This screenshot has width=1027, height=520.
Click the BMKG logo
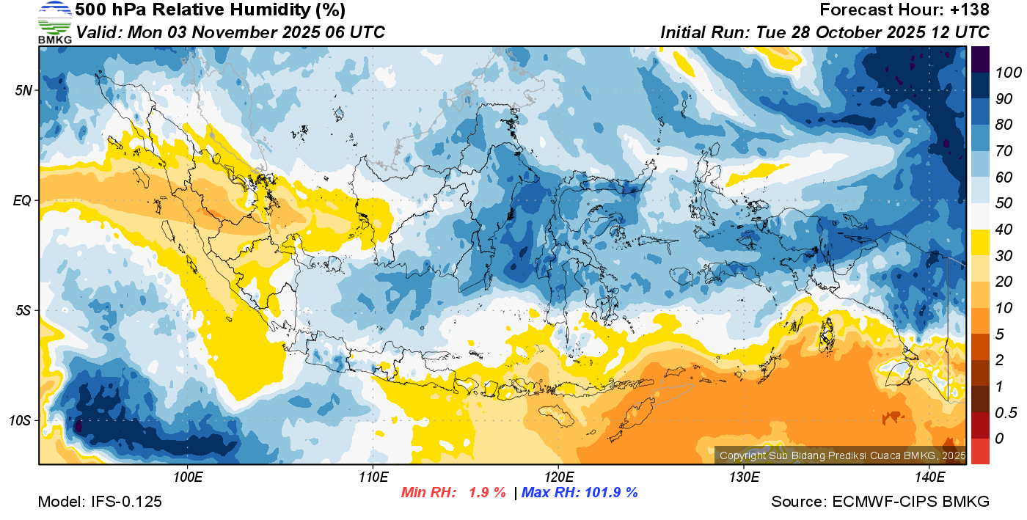pyautogui.click(x=54, y=23)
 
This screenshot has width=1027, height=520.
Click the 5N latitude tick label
pyautogui.click(x=23, y=91)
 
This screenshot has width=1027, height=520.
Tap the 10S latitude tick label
pyautogui.click(x=21, y=421)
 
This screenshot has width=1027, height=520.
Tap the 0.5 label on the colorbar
pyautogui.click(x=1004, y=413)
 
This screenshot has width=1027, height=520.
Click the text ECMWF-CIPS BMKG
pyautogui.click(x=911, y=502)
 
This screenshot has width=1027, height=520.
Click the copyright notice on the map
pyautogui.click(x=841, y=455)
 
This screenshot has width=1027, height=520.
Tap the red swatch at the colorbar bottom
pyautogui.click(x=980, y=451)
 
